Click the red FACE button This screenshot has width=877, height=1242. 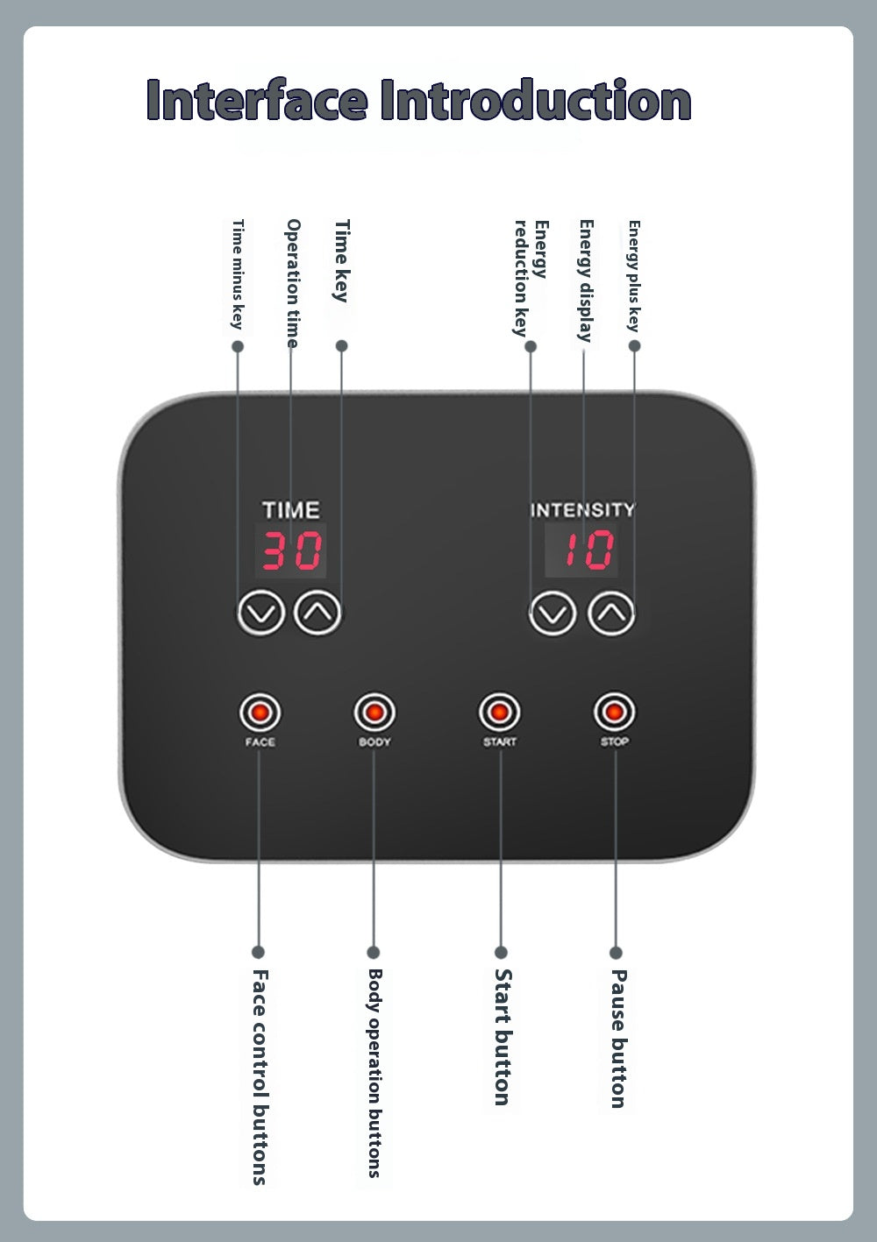[260, 712]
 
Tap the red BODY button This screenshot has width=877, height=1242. [374, 712]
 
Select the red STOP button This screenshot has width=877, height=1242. [614, 712]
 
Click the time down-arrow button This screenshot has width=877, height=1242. [261, 613]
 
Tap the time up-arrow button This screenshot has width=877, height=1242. [317, 613]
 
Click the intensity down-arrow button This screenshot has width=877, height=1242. [553, 614]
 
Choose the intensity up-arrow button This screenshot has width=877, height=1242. [611, 614]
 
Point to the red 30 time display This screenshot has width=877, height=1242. [290, 550]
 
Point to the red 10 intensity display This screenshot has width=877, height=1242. [581, 550]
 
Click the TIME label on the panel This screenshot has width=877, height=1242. [290, 510]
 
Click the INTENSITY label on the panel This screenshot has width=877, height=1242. [582, 509]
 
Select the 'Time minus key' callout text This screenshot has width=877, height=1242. [238, 274]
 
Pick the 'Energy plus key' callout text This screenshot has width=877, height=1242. [634, 276]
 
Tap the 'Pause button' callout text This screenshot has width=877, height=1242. [618, 1039]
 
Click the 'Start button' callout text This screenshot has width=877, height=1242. [503, 1037]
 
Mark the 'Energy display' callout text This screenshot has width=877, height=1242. [586, 280]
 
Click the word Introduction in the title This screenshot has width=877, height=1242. [536, 100]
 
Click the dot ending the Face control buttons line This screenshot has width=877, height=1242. [258, 952]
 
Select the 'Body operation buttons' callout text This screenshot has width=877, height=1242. [375, 1073]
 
